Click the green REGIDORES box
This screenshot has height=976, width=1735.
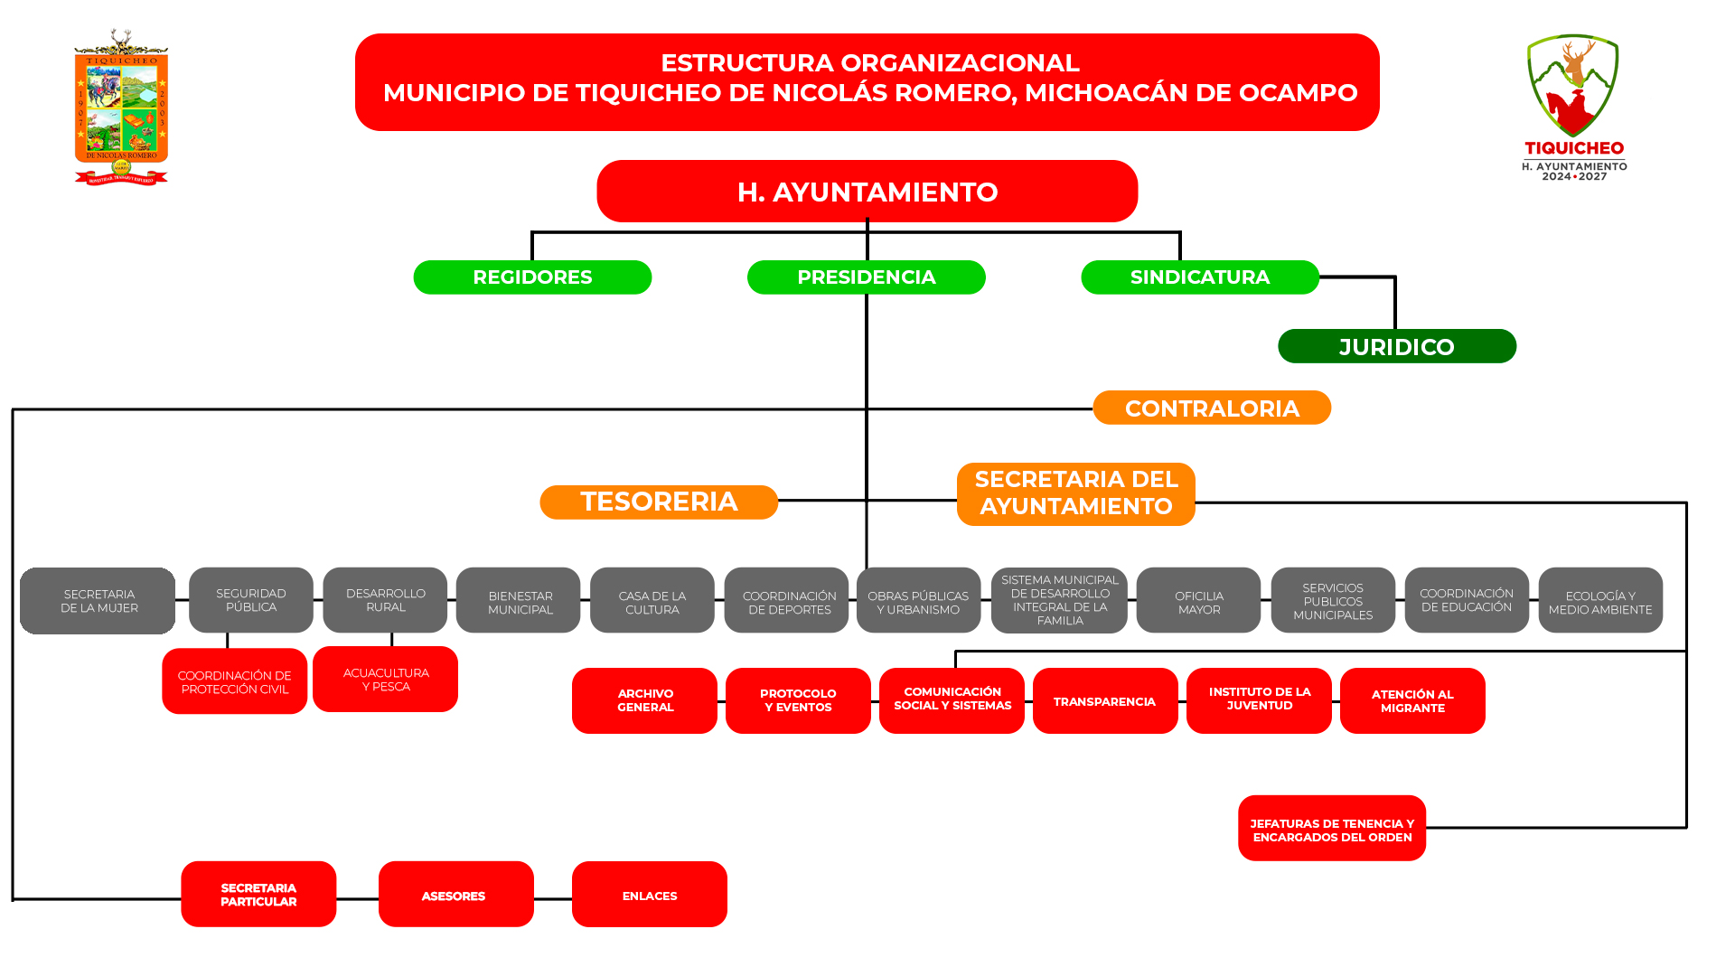pos(532,277)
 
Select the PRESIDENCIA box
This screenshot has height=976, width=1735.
pos(866,277)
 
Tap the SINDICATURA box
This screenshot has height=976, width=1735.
pos(1199,277)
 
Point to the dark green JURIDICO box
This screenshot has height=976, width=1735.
pos(1396,347)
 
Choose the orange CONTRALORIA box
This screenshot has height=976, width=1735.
pos(1211,408)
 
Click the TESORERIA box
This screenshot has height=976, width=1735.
pos(658,502)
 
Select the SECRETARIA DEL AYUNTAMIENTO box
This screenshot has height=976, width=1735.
pos(1075,494)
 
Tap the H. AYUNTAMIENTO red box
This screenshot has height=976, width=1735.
pos(867,192)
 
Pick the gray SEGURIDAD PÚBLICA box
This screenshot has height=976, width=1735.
pos(250,600)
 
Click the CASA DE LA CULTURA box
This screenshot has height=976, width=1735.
pos(652,601)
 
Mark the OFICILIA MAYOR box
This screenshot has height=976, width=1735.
pos(1198,601)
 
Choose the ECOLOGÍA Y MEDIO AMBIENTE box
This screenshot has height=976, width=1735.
pos(1599,601)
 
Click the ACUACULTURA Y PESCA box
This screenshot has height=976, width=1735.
pos(385,680)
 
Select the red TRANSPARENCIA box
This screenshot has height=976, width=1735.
pos(1104,701)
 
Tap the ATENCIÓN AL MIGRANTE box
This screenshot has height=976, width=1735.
pos(1411,701)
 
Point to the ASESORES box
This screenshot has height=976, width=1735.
pos(455,895)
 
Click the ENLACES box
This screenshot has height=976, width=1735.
pos(649,895)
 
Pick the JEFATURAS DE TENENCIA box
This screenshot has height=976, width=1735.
pos(1331,829)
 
